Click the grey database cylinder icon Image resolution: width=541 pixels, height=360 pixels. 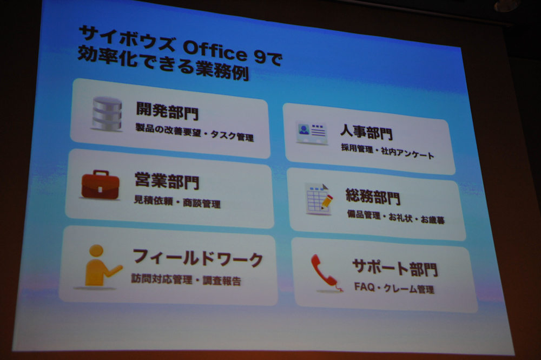(x=107, y=114)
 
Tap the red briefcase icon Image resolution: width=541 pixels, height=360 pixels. (x=100, y=185)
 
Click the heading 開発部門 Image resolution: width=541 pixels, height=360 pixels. (x=167, y=110)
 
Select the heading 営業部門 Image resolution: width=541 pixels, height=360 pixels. (x=167, y=180)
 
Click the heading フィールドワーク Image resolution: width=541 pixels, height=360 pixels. (x=198, y=258)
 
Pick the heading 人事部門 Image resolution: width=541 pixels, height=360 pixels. (x=366, y=132)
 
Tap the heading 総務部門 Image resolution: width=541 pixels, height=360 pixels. (x=373, y=197)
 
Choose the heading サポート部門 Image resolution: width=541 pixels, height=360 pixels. (x=395, y=268)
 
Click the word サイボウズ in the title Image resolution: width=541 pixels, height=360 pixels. (x=127, y=38)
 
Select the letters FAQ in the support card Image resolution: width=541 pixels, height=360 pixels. (x=364, y=286)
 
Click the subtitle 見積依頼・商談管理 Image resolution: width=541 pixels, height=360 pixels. (x=177, y=201)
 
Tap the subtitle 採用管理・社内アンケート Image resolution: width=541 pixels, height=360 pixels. (x=387, y=152)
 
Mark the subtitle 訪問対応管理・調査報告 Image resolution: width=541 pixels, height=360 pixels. (x=186, y=279)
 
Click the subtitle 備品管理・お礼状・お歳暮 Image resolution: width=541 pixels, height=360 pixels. (x=396, y=217)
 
